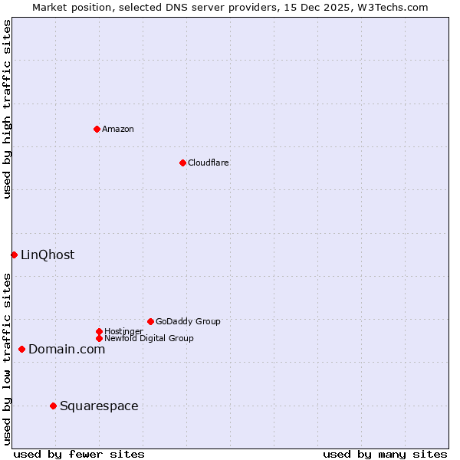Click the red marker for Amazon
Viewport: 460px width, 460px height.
[97, 129]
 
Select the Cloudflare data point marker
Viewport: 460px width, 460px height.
[182, 163]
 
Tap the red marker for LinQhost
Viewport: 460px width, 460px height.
[14, 255]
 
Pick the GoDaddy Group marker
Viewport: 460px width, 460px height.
[150, 321]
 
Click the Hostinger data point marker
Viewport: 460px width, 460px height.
[99, 331]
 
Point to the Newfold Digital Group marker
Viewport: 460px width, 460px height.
[99, 338]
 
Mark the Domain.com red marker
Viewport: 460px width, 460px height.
[21, 349]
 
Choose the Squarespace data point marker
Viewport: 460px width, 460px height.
[53, 406]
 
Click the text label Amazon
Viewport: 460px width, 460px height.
[118, 129]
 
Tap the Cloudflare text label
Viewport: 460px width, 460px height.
[208, 163]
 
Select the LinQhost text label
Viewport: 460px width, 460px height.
[48, 255]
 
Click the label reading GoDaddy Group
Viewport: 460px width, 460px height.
[188, 321]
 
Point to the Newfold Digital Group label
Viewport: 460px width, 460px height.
[149, 338]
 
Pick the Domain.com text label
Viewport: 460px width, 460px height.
[67, 349]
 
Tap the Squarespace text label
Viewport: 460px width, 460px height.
[99, 406]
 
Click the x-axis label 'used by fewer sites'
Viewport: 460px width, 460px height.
[79, 454]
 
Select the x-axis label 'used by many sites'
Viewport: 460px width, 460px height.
[385, 454]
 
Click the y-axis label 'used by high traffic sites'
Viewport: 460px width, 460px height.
[8, 110]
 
